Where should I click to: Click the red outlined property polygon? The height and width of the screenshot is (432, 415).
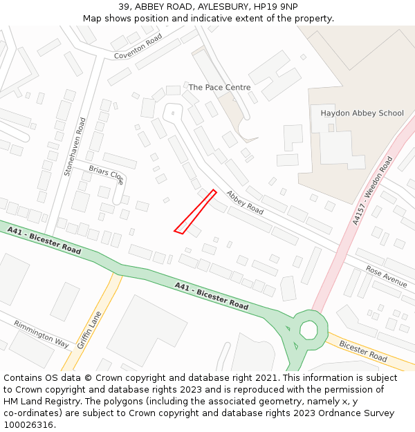[195, 212]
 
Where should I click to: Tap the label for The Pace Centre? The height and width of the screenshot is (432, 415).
[219, 88]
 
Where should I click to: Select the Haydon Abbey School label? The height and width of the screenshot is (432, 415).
[362, 113]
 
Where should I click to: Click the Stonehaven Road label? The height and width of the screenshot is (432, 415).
[75, 147]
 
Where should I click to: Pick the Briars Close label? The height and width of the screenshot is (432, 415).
[107, 174]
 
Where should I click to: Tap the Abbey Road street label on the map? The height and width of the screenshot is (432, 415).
[245, 202]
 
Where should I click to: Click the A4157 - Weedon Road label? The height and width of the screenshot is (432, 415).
[371, 191]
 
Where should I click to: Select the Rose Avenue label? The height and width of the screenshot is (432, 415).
[387, 276]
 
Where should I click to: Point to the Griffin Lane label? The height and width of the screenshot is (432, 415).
[90, 329]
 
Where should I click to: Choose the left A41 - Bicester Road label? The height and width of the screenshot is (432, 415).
[44, 239]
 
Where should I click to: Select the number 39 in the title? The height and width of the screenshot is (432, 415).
[124, 7]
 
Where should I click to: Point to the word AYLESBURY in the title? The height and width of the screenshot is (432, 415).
[223, 7]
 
